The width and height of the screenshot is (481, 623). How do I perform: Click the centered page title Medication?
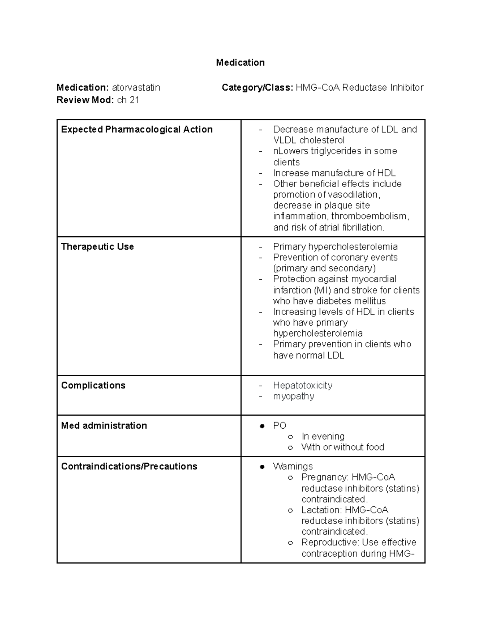(240, 63)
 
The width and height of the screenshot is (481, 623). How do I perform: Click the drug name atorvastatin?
(136, 87)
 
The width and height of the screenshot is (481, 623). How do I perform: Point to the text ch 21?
(128, 100)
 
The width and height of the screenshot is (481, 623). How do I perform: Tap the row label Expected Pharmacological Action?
(137, 130)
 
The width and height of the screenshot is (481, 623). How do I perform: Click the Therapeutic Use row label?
(97, 247)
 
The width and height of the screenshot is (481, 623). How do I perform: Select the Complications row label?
(93, 386)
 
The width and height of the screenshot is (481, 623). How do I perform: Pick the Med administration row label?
(104, 426)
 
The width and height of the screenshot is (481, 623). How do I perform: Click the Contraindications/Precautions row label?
(129, 467)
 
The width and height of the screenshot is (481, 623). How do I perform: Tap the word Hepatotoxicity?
(303, 386)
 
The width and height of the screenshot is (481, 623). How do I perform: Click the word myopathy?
(293, 396)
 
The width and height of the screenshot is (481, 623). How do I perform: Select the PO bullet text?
(279, 426)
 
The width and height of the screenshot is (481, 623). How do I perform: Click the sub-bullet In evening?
(323, 436)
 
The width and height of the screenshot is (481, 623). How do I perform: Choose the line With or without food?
(343, 447)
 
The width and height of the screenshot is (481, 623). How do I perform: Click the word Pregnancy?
(325, 477)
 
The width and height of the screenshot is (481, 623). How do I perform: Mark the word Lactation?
(321, 510)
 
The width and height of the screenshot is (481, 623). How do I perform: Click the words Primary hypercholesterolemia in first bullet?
(335, 247)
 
